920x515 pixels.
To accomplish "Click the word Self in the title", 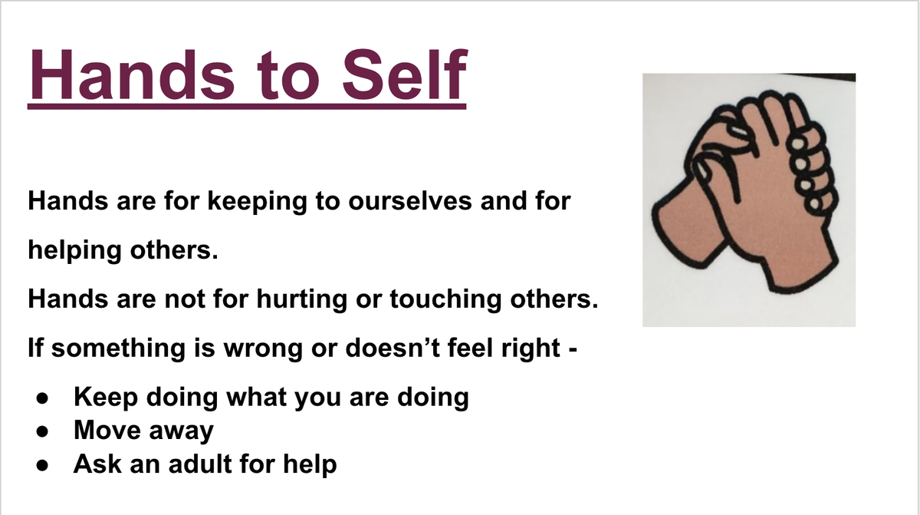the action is (x=405, y=74).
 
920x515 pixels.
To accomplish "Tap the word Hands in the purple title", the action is (x=131, y=74).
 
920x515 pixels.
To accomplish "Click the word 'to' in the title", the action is (x=288, y=76).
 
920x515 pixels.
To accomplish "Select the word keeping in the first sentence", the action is (x=257, y=202).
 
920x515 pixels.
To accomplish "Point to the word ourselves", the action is (x=410, y=201).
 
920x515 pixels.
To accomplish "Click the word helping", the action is (x=75, y=251).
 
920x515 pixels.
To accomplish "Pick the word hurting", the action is (x=302, y=299).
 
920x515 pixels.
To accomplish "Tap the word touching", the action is (x=445, y=299).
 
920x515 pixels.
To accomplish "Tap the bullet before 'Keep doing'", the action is (x=42, y=398).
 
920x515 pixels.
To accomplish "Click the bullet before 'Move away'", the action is (x=42, y=431).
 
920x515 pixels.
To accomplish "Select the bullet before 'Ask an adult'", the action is (x=42, y=465).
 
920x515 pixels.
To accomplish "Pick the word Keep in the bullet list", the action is (x=106, y=398).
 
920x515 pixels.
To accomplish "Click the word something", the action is (x=118, y=349).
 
